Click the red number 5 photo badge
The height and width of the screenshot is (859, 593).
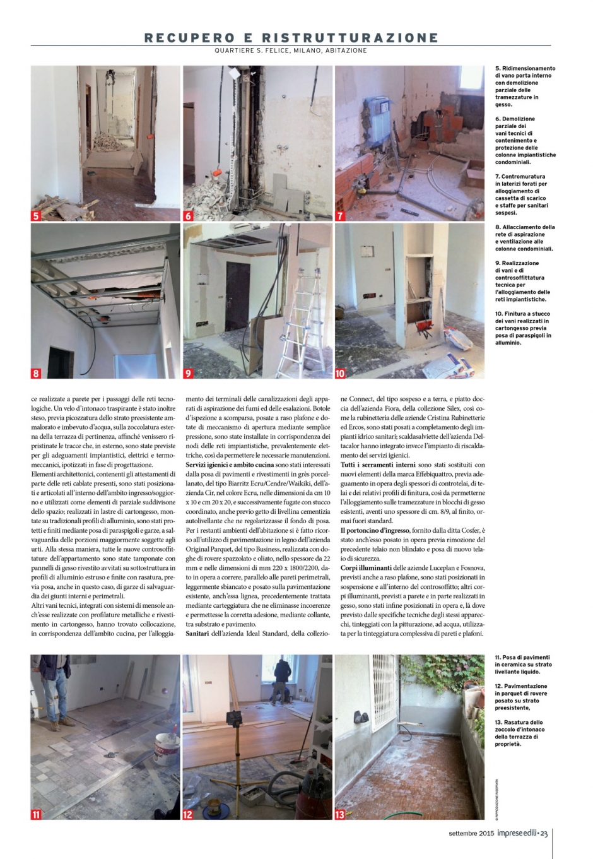(x=36, y=216)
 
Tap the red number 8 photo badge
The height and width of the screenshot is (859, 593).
(x=36, y=373)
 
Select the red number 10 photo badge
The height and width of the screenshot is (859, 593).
(x=340, y=373)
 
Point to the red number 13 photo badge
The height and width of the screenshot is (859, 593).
(x=340, y=814)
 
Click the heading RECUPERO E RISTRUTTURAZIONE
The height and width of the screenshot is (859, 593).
(x=291, y=38)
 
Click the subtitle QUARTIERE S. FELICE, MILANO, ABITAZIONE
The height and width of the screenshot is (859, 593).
(x=291, y=51)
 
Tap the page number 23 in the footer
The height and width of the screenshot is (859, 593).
(x=544, y=834)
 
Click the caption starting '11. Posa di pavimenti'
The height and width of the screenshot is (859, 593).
(x=522, y=665)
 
